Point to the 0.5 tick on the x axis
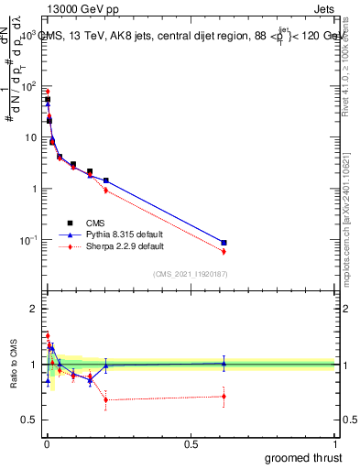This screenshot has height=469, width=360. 191,442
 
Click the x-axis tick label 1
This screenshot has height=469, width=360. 335,442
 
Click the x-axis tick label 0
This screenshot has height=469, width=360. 46,442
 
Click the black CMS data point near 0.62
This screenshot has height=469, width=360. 224,243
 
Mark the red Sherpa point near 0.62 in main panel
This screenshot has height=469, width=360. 224,251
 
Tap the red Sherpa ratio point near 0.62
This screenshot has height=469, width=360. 224,396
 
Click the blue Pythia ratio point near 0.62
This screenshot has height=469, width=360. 224,363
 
